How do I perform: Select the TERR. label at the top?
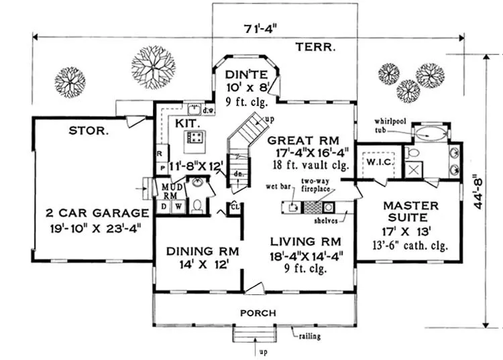pyautogui.click(x=315, y=47)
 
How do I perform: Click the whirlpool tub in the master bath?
pyautogui.click(x=430, y=134)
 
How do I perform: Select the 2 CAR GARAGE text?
pyautogui.click(x=97, y=213)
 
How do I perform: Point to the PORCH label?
pyautogui.click(x=258, y=313)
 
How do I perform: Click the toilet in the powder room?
pyautogui.click(x=197, y=206)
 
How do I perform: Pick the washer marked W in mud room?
pyautogui.click(x=178, y=206)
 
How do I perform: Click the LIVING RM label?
pyautogui.click(x=305, y=241)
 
